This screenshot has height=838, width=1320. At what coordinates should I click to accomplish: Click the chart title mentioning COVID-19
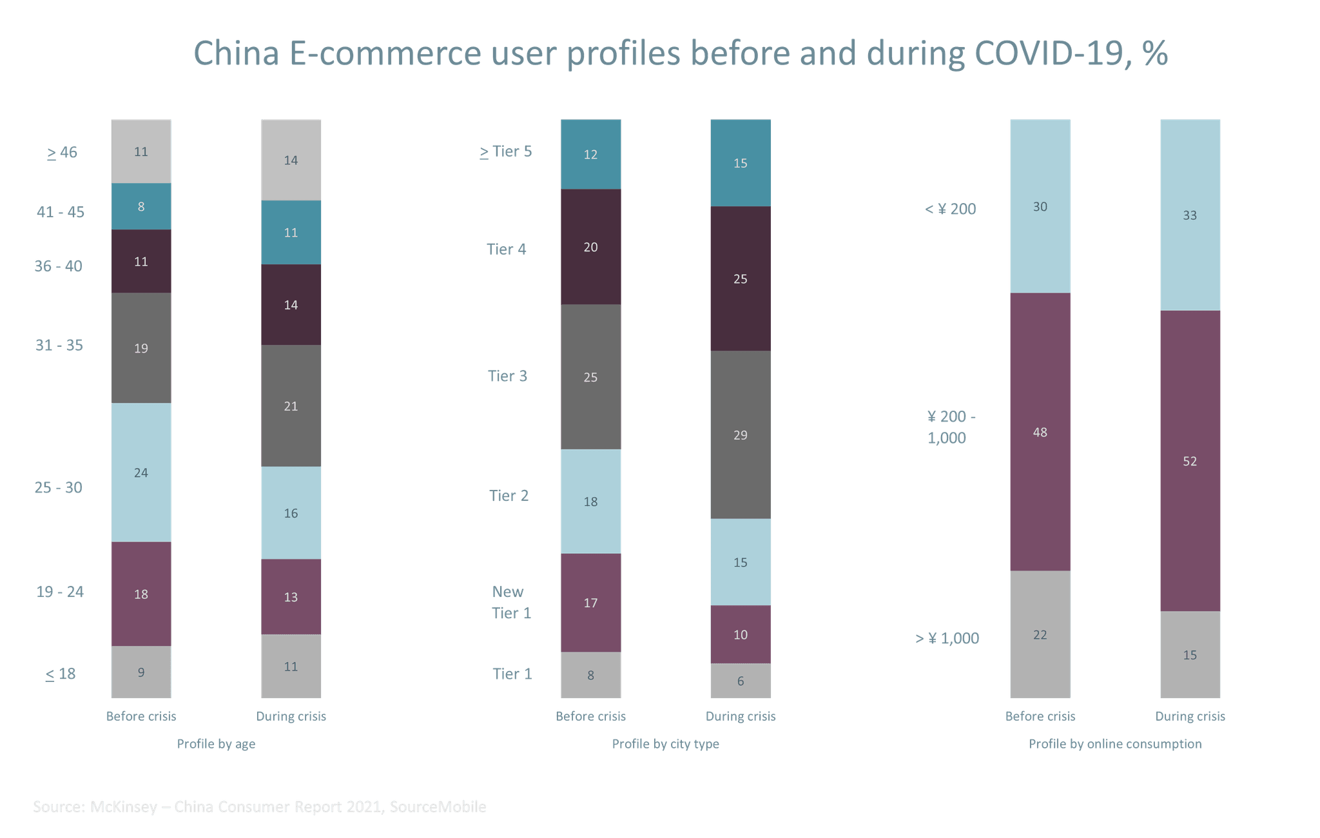[x=680, y=54]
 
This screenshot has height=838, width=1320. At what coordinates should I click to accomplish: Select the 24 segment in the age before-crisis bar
[x=141, y=473]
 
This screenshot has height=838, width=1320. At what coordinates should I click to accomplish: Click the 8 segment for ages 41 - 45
[x=141, y=206]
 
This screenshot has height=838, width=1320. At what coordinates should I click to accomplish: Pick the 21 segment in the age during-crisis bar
[x=291, y=405]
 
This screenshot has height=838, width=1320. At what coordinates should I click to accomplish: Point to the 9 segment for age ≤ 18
[x=141, y=672]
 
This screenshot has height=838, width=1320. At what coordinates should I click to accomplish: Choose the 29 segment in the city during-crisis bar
[x=740, y=434]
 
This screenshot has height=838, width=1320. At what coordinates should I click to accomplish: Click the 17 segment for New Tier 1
[x=590, y=603]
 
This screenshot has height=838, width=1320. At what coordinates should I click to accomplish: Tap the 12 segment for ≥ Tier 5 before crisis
[x=590, y=154]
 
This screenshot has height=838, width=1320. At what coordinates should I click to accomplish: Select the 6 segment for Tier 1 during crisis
[x=740, y=681]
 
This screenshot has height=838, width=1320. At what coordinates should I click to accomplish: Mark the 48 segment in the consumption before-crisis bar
[x=1040, y=432]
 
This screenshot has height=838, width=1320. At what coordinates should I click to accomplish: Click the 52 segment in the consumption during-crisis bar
[x=1190, y=461]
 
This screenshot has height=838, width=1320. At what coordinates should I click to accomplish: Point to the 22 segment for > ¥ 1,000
[x=1040, y=634]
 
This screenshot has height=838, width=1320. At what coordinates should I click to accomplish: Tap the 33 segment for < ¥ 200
[x=1190, y=215]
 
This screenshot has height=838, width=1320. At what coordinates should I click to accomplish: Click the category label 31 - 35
[x=59, y=346]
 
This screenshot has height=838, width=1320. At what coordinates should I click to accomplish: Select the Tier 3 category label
[x=507, y=376]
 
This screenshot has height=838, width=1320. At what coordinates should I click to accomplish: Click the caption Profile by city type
[x=665, y=744]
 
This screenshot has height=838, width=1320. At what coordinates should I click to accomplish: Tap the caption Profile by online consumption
[x=1115, y=744]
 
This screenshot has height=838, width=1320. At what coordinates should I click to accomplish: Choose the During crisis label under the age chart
[x=291, y=716]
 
